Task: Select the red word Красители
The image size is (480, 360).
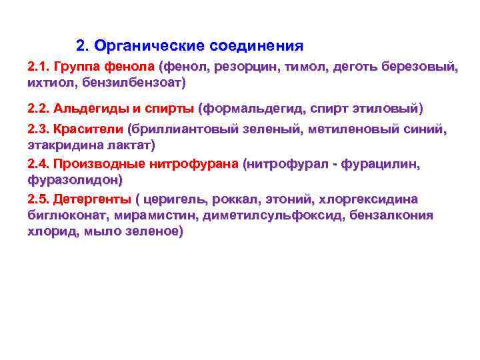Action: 91,129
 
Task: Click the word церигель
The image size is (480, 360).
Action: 172,199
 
